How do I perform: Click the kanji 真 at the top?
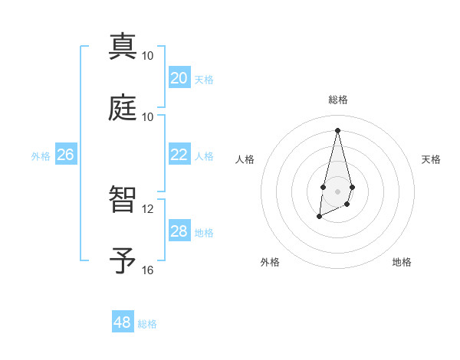tap(123, 47)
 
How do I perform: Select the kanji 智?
tap(123, 200)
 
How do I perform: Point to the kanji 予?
tap(123, 260)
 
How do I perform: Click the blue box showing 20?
tap(179, 78)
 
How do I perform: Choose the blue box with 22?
tap(179, 155)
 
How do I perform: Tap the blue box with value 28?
tap(179, 231)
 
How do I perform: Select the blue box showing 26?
tap(65, 155)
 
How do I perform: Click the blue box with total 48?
tap(123, 322)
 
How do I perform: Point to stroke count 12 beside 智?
tap(147, 209)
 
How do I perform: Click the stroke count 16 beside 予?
tap(147, 270)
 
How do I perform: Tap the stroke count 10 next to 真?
tap(147, 56)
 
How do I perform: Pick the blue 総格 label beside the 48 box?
tap(147, 324)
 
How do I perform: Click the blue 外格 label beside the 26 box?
tap(41, 156)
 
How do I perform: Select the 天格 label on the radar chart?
tap(431, 159)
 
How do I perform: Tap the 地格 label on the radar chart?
tap(402, 262)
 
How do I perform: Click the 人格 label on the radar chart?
tap(245, 159)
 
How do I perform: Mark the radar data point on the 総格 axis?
tap(337, 129)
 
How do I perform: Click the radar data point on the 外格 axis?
tap(319, 217)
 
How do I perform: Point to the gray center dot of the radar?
tap(337, 190)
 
